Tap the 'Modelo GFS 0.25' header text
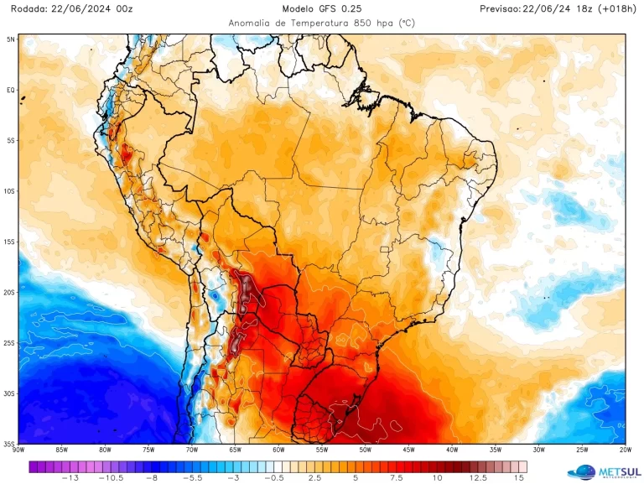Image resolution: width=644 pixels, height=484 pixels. coord(322,8)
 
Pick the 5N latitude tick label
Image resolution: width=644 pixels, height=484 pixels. coord(11,39)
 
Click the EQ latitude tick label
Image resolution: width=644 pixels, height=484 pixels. coord(11,90)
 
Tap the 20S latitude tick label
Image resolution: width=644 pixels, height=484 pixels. coord(10,293)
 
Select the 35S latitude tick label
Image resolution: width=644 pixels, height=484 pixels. coord(10,444)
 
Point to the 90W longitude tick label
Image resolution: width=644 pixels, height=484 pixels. coord(18,450)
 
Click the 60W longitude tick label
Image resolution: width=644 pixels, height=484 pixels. coord(278,450)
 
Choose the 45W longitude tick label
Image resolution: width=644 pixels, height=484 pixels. coord(408,450)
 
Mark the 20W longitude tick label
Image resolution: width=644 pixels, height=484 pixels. coord(624,450)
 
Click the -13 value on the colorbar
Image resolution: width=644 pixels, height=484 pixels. coord(70,477)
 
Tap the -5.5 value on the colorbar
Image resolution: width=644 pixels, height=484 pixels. coord(192,477)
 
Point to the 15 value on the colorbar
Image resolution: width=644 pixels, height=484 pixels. coord(520,477)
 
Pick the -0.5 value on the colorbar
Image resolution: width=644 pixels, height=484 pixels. coord(273,477)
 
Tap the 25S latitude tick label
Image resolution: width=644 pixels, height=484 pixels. coord(10,343)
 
